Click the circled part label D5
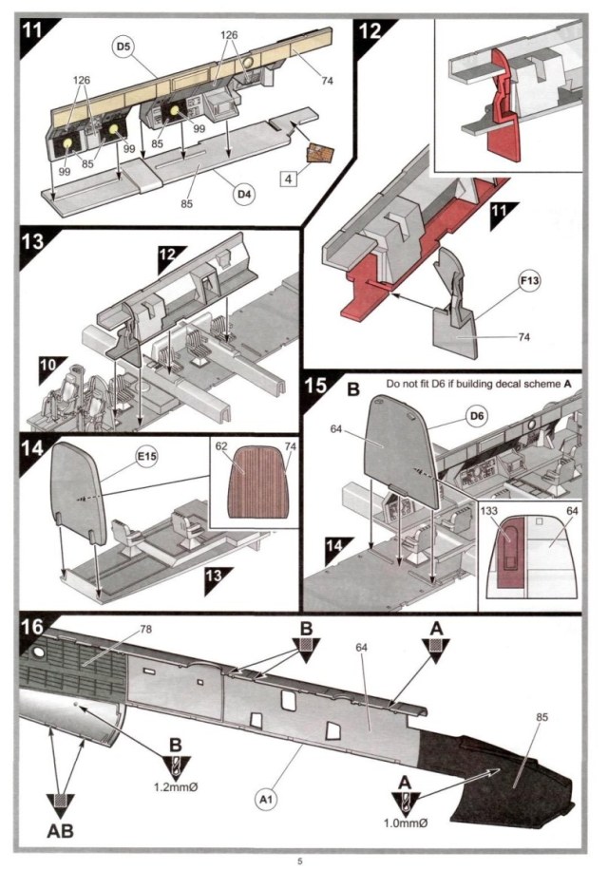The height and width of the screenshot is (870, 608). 123,47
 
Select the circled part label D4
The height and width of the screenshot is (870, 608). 244,194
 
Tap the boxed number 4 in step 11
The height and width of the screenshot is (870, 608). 288,180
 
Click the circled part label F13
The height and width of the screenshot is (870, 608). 529,281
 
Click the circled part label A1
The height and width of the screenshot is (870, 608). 266,800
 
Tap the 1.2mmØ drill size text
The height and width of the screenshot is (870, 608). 176,786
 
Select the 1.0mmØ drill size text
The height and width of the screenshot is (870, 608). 405,823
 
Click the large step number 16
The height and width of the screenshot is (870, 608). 32,627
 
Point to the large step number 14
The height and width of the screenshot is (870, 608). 32,447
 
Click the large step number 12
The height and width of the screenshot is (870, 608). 370,31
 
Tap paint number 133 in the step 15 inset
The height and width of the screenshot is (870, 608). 490,510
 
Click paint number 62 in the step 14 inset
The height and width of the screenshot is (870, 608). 221,446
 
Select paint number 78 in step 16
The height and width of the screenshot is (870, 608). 145,629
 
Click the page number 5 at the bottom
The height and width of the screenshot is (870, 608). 300,861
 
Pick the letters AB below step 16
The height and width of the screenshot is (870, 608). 61,831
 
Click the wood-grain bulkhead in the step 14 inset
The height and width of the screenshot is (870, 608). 258,482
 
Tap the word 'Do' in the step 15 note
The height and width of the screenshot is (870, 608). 392,384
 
